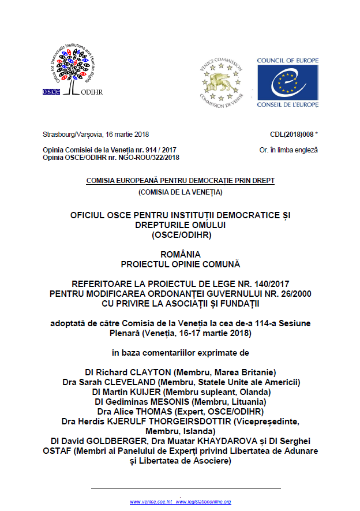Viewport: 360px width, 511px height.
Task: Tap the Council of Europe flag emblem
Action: [286, 82]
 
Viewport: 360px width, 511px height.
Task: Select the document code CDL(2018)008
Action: [291, 135]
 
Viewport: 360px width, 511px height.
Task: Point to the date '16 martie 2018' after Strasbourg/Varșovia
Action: [126, 135]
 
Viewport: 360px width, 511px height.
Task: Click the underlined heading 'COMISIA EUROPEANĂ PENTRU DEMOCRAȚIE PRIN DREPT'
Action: [180, 181]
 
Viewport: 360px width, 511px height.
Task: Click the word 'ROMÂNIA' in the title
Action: [180, 255]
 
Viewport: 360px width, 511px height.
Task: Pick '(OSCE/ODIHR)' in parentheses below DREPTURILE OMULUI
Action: [180, 235]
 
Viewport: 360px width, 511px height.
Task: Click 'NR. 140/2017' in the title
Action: [264, 284]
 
